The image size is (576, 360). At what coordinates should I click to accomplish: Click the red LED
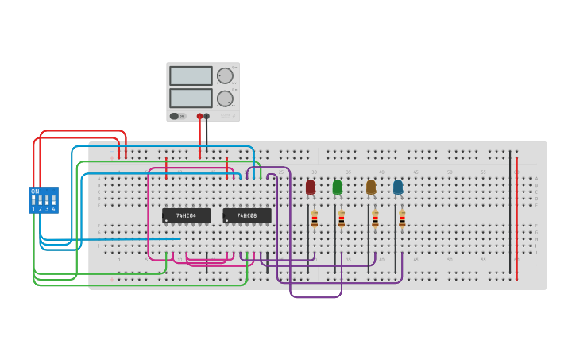click(311, 187)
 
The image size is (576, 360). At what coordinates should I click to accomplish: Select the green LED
click(338, 187)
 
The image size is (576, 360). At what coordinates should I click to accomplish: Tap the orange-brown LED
click(371, 187)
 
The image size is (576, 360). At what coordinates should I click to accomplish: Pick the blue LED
click(398, 187)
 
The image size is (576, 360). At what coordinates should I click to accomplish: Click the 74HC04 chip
click(186, 215)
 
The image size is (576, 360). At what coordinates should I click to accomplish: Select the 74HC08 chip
click(247, 215)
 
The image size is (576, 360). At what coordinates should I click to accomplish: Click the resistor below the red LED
click(315, 219)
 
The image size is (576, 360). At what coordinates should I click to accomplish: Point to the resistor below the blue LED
click(402, 219)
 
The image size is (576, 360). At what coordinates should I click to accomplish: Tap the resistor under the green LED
click(342, 219)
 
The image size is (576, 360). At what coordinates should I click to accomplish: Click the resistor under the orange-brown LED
click(375, 219)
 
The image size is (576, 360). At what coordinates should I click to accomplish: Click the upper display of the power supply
click(191, 75)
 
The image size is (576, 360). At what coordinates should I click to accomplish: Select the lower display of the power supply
click(191, 98)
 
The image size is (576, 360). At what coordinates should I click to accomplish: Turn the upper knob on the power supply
click(226, 75)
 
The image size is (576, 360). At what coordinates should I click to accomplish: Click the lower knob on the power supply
click(226, 99)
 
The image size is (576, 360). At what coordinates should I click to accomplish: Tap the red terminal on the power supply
click(200, 116)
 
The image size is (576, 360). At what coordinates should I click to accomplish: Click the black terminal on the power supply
click(207, 116)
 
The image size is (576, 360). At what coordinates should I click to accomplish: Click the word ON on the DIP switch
click(35, 192)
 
